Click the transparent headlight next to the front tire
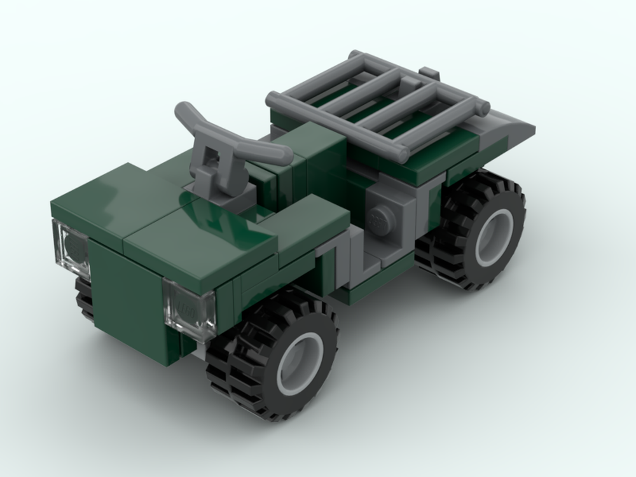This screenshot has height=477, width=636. coord(190,310)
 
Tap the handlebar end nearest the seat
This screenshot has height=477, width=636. coord(280,155)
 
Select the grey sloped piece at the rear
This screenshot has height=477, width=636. coord(509,130)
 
